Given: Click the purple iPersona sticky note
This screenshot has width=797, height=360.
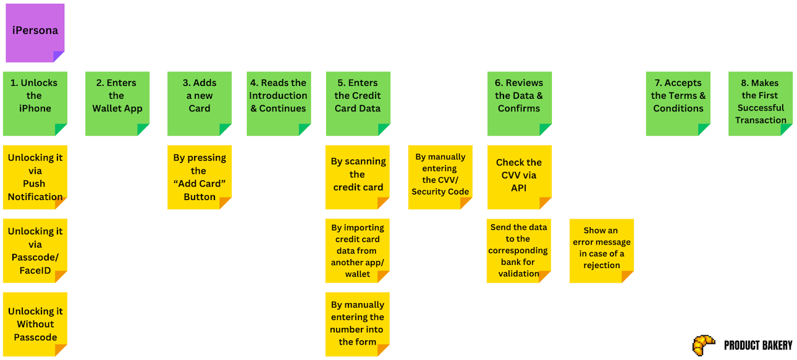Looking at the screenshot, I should click(x=35, y=33).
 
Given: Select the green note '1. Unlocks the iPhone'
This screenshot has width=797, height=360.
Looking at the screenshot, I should click(x=35, y=103).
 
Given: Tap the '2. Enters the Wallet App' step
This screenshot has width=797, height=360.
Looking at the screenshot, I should click(x=117, y=103).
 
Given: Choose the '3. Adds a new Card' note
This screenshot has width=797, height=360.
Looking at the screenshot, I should click(x=200, y=103).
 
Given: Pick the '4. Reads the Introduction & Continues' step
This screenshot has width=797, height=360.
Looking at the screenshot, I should click(x=279, y=103).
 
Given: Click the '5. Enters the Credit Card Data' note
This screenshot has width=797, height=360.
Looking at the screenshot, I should click(x=358, y=103).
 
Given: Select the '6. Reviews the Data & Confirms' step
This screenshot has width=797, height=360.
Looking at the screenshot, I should click(x=519, y=103).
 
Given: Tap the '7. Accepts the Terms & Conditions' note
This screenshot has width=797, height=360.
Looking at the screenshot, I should click(x=678, y=103).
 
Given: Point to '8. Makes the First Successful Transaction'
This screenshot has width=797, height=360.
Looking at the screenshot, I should click(x=761, y=103).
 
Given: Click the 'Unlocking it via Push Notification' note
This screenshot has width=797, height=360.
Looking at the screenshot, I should click(x=35, y=177).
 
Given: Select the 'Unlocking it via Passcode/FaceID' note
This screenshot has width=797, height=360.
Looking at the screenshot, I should click(x=35, y=251).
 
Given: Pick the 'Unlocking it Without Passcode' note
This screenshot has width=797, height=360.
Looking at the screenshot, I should click(x=35, y=324).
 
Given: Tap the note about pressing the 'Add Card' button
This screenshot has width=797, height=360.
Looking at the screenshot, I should click(x=200, y=177).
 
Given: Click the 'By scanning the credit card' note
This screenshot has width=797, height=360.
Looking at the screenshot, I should click(x=358, y=177).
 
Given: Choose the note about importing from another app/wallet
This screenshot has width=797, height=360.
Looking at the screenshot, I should click(x=358, y=251).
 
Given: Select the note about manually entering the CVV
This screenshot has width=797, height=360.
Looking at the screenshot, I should click(x=440, y=177).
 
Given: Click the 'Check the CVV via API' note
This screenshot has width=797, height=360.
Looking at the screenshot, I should click(x=519, y=177).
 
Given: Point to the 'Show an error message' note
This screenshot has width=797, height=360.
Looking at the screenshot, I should click(x=601, y=251).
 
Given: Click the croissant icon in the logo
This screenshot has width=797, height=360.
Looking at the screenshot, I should click(x=704, y=345).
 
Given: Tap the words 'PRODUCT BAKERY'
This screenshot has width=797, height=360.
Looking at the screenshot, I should click(x=757, y=345).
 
